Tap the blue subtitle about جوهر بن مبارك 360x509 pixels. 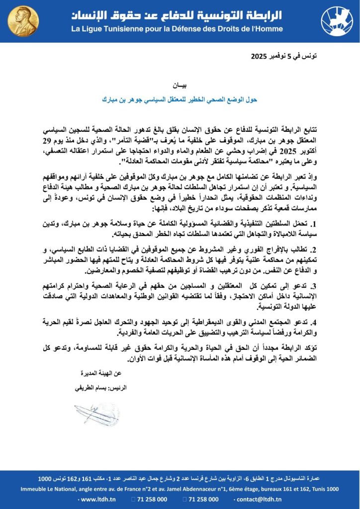tap(180, 99)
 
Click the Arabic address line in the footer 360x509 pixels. tap(180, 478)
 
